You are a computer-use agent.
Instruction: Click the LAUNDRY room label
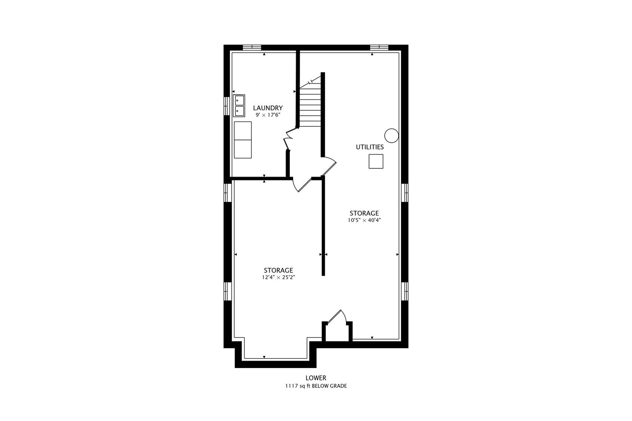click(268, 108)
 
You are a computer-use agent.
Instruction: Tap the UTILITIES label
click(369, 147)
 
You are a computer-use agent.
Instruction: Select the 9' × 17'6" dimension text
click(268, 115)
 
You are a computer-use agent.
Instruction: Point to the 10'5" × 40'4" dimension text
click(364, 220)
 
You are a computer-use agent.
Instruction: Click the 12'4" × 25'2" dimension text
click(278, 277)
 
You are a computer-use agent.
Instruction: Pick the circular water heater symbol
click(392, 136)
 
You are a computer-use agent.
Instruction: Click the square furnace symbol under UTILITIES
click(376, 161)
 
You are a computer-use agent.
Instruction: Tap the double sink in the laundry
click(239, 106)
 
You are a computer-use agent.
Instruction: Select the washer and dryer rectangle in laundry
click(243, 140)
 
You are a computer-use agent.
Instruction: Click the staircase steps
click(310, 104)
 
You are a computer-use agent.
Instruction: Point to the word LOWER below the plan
click(316, 378)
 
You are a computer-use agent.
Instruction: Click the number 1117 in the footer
click(291, 386)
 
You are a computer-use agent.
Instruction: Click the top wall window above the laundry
click(252, 48)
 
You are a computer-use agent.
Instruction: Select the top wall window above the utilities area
click(379, 48)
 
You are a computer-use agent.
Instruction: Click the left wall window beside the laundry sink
click(227, 106)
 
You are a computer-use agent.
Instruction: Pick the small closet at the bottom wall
click(337, 332)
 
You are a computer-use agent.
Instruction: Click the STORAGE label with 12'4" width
click(278, 270)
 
